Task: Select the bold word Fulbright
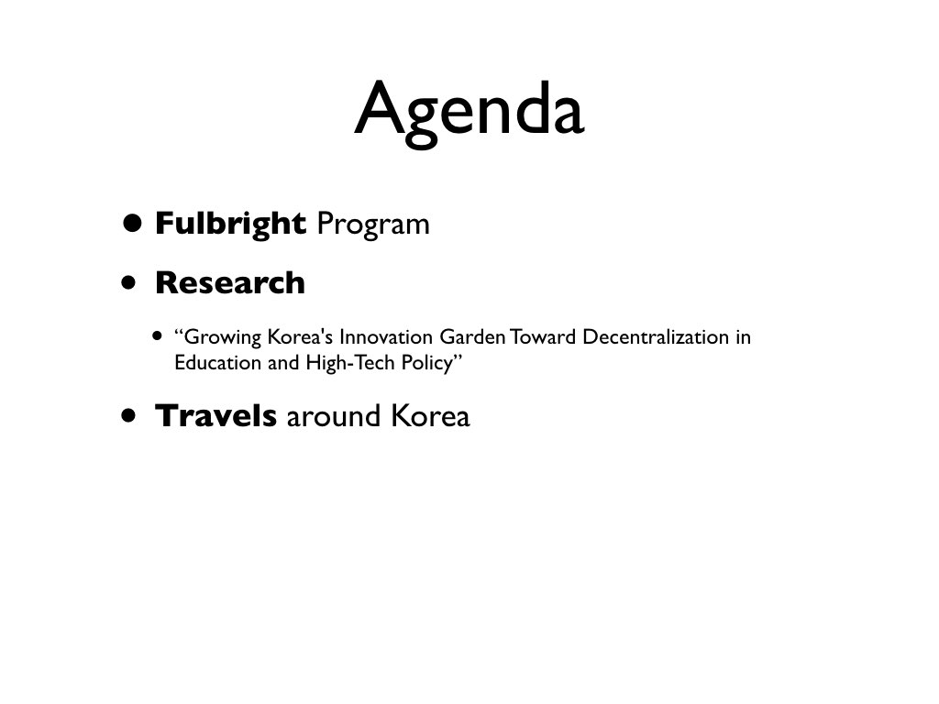(x=230, y=225)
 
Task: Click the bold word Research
(x=230, y=282)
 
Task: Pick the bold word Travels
(x=216, y=415)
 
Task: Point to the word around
(x=334, y=416)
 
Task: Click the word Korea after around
(x=430, y=415)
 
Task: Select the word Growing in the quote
(x=218, y=337)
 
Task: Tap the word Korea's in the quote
(x=300, y=336)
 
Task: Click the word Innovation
(x=386, y=336)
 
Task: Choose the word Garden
(x=472, y=336)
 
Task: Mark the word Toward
(x=543, y=336)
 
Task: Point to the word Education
(x=218, y=362)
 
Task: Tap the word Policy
(x=427, y=363)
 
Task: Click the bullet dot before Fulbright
(x=132, y=224)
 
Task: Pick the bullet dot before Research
(x=128, y=282)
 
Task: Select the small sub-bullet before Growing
(x=157, y=335)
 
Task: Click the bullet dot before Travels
(x=128, y=415)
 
